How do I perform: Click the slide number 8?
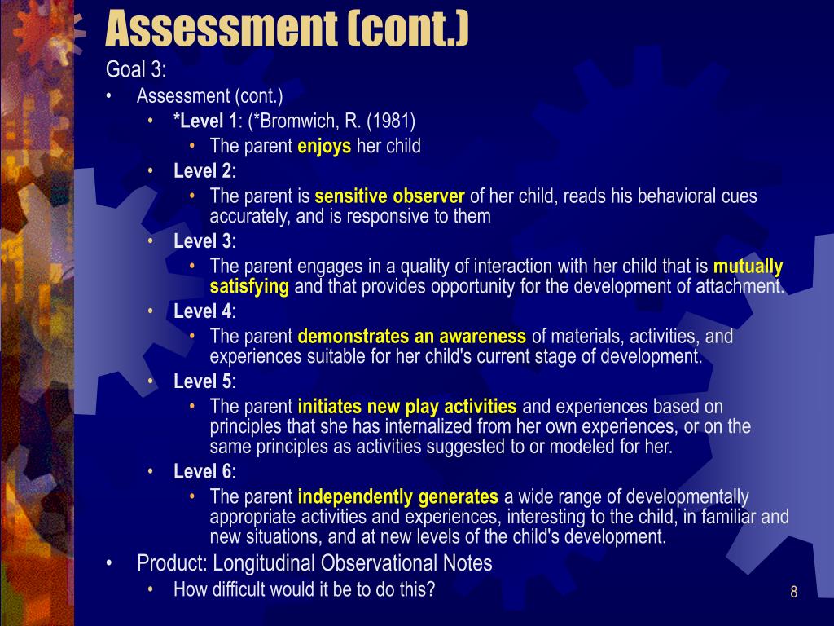793,592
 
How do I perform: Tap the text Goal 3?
136,69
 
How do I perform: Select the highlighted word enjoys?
324,146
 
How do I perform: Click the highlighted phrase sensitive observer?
389,196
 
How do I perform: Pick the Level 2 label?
203,171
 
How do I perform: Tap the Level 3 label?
203,241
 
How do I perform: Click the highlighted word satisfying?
249,286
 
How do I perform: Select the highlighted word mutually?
748,267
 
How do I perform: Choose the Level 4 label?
203,311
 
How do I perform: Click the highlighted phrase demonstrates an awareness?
411,337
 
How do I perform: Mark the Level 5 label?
203,381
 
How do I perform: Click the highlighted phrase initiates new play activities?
407,407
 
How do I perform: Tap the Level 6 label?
203,472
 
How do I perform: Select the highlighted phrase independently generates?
397,496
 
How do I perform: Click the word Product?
170,563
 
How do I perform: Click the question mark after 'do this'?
430,589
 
